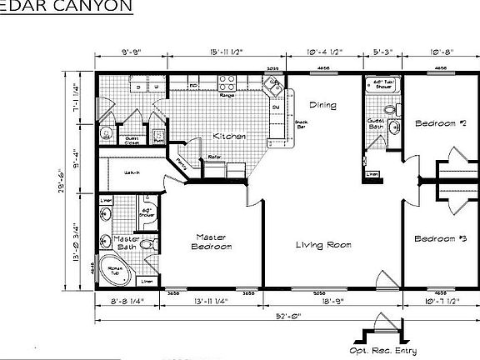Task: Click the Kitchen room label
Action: point(227,136)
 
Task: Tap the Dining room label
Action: point(322,106)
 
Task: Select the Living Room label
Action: point(323,246)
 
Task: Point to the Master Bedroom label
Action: point(211,242)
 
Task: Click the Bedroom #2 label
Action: point(439,124)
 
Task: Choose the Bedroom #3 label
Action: point(439,239)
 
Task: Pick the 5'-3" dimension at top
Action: point(384,52)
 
